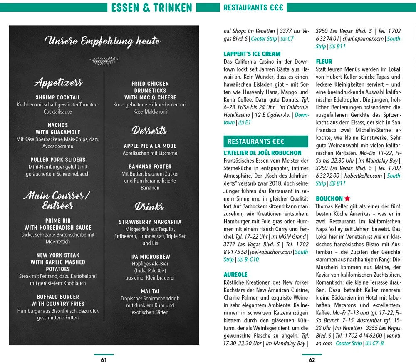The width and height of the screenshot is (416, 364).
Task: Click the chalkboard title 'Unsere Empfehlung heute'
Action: [x=102, y=41]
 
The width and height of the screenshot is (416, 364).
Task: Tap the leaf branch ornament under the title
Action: [x=104, y=61]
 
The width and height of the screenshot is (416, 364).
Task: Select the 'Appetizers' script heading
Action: [x=58, y=82]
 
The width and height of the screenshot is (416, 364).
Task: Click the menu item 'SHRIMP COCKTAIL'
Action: [x=58, y=97]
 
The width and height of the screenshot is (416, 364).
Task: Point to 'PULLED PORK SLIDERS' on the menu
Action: [x=58, y=160]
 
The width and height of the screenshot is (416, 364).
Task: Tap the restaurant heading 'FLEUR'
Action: [x=324, y=62]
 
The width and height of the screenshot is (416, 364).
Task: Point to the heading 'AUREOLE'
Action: [x=235, y=275]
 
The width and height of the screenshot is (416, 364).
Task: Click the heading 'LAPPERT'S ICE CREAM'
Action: [x=252, y=54]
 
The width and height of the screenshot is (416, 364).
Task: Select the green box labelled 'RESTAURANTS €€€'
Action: [x=266, y=141]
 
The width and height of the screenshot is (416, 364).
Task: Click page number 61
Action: [x=104, y=360]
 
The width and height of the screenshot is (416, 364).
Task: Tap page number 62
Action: [x=312, y=360]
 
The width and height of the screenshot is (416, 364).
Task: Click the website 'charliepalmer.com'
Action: [x=364, y=39]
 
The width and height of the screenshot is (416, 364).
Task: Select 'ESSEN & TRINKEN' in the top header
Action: [x=152, y=7]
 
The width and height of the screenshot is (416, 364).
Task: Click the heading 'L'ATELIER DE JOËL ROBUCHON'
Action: [x=262, y=153]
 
